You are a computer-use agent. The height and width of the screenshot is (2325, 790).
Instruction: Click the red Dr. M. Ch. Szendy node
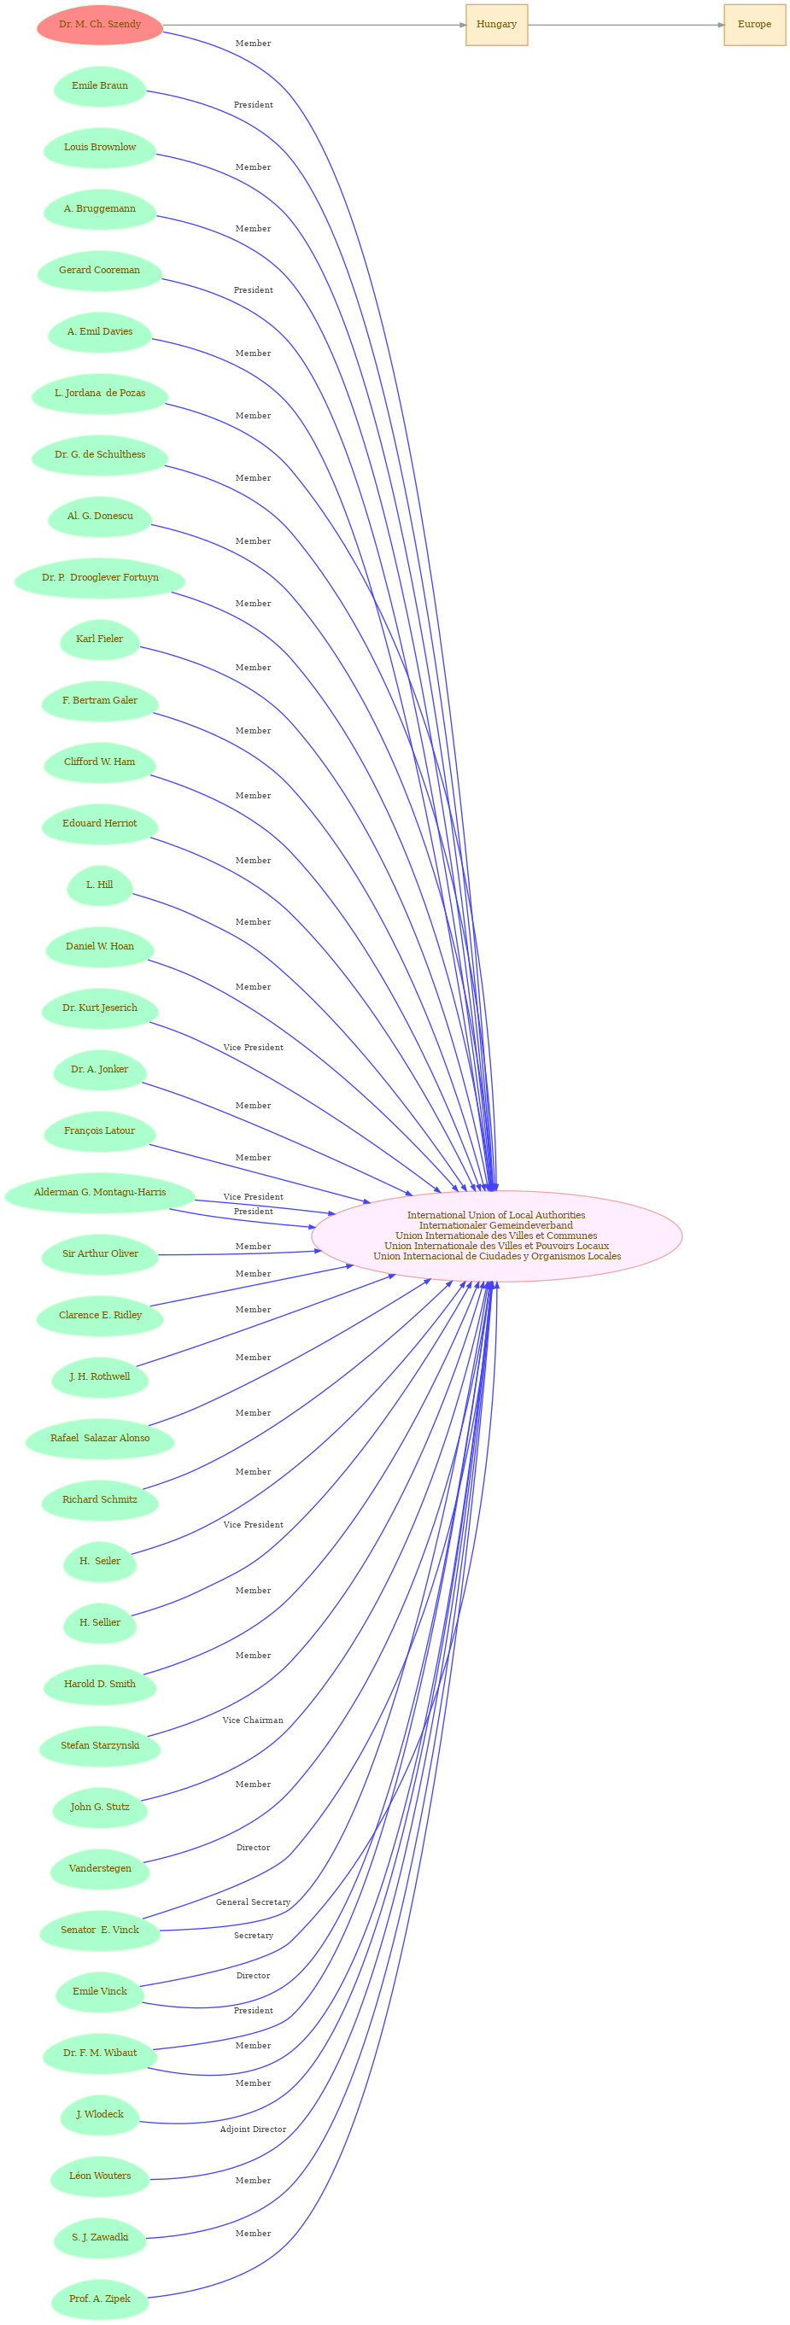(x=99, y=25)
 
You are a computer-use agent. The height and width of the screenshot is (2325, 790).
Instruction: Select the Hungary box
(x=496, y=25)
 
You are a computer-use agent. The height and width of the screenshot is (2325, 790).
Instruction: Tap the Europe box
(x=754, y=25)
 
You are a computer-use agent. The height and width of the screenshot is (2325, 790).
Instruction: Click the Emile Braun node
(x=99, y=85)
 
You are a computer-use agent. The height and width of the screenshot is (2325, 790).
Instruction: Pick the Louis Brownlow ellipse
(x=99, y=147)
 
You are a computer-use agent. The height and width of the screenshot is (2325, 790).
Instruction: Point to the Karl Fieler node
(x=99, y=639)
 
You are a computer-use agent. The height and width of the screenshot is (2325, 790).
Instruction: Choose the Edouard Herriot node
(x=99, y=823)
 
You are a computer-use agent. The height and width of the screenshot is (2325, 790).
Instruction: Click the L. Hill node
(x=99, y=885)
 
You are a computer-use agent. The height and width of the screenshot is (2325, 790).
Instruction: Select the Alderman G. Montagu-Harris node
(x=99, y=1192)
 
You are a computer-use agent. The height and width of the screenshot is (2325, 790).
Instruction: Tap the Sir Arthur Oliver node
(x=99, y=1253)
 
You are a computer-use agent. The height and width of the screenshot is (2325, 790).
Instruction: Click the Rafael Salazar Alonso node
(x=99, y=1438)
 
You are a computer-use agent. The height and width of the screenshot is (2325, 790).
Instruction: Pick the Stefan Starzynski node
(x=99, y=1745)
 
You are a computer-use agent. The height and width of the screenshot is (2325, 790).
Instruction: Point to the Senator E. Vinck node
(x=99, y=1930)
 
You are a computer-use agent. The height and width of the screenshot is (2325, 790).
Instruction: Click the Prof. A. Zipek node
(x=99, y=2299)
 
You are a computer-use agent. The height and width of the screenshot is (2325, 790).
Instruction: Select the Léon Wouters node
(x=99, y=2176)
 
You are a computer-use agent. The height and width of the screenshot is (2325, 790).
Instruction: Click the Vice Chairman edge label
(x=253, y=1720)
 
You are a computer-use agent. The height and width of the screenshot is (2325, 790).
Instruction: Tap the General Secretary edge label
(x=253, y=1901)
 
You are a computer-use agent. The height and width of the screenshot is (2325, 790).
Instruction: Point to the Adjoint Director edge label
(x=253, y=2129)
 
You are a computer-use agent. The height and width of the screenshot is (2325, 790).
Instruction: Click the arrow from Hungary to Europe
(x=626, y=25)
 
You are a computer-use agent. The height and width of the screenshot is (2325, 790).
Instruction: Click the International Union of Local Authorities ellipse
(x=496, y=1236)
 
